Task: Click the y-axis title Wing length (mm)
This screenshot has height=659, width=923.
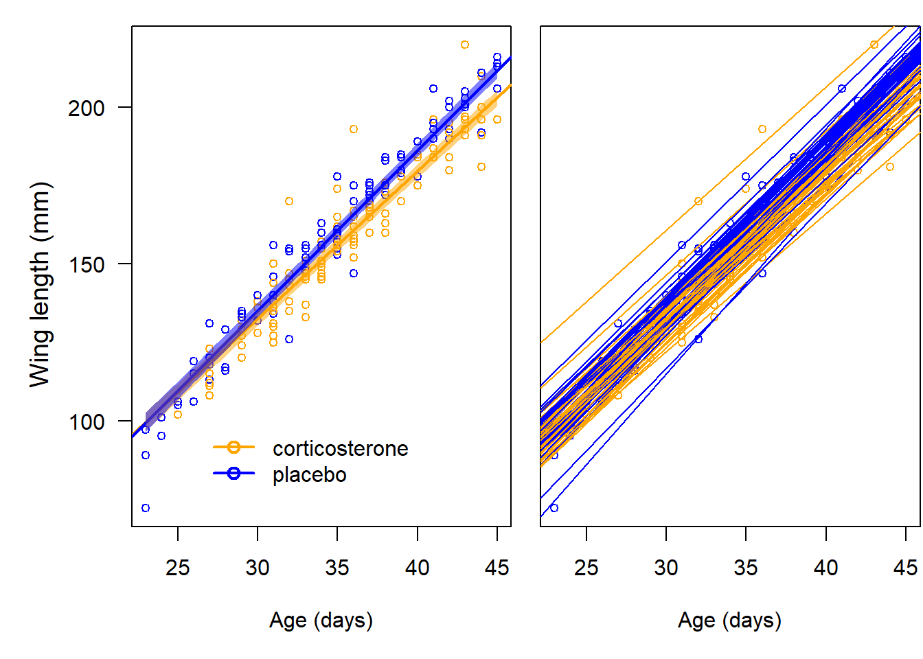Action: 40,284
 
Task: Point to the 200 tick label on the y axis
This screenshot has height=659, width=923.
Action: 86,108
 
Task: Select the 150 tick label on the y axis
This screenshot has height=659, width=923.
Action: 86,264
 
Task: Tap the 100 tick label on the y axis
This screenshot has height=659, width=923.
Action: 86,421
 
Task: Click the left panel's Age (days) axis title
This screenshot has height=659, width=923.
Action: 321,620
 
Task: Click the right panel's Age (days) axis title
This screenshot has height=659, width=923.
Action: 729,620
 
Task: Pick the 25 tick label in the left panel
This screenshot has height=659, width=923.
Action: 178,568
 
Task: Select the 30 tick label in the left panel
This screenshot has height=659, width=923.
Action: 258,568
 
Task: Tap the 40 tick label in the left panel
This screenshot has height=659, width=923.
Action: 417,568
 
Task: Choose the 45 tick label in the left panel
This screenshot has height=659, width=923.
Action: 497,568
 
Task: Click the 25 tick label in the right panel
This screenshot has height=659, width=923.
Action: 586,568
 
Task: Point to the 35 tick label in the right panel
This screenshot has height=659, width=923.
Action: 746,568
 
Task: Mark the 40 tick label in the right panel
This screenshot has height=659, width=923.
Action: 825,568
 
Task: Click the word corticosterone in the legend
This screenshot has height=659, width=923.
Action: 340,448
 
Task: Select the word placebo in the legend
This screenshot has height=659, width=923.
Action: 309,474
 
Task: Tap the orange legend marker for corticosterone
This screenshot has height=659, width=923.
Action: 233,448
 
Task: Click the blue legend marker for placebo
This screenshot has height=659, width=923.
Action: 233,474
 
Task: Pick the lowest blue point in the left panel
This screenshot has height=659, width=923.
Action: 146,508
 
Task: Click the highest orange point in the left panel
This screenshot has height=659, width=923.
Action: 465,45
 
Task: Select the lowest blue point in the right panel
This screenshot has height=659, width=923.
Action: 554,508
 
